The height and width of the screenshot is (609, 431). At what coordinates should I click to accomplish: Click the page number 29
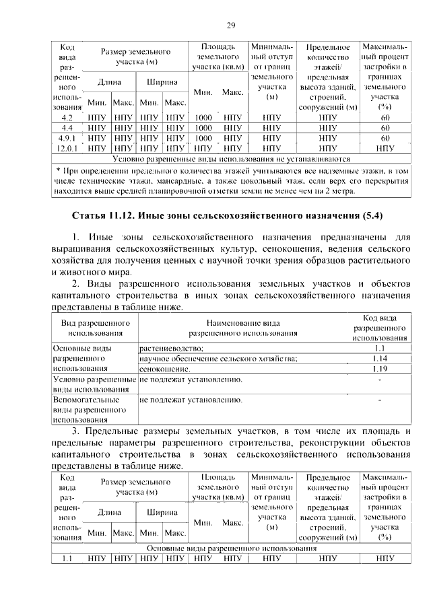coord(230,26)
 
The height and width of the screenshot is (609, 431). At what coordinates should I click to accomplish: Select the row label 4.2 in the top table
coord(67,118)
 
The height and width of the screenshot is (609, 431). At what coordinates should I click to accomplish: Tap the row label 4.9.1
coord(67,137)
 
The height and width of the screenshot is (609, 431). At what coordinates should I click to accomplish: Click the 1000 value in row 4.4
coord(203,127)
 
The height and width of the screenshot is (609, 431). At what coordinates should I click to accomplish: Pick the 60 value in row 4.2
coord(385,118)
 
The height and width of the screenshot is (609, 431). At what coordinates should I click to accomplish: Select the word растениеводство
coord(171,348)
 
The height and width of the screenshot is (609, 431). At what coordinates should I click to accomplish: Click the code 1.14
coord(380,358)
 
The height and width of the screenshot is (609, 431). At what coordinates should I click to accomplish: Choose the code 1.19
coord(380,369)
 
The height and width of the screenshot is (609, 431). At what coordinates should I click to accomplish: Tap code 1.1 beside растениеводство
coord(380,348)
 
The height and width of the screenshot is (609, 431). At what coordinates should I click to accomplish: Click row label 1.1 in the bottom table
coord(67,558)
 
